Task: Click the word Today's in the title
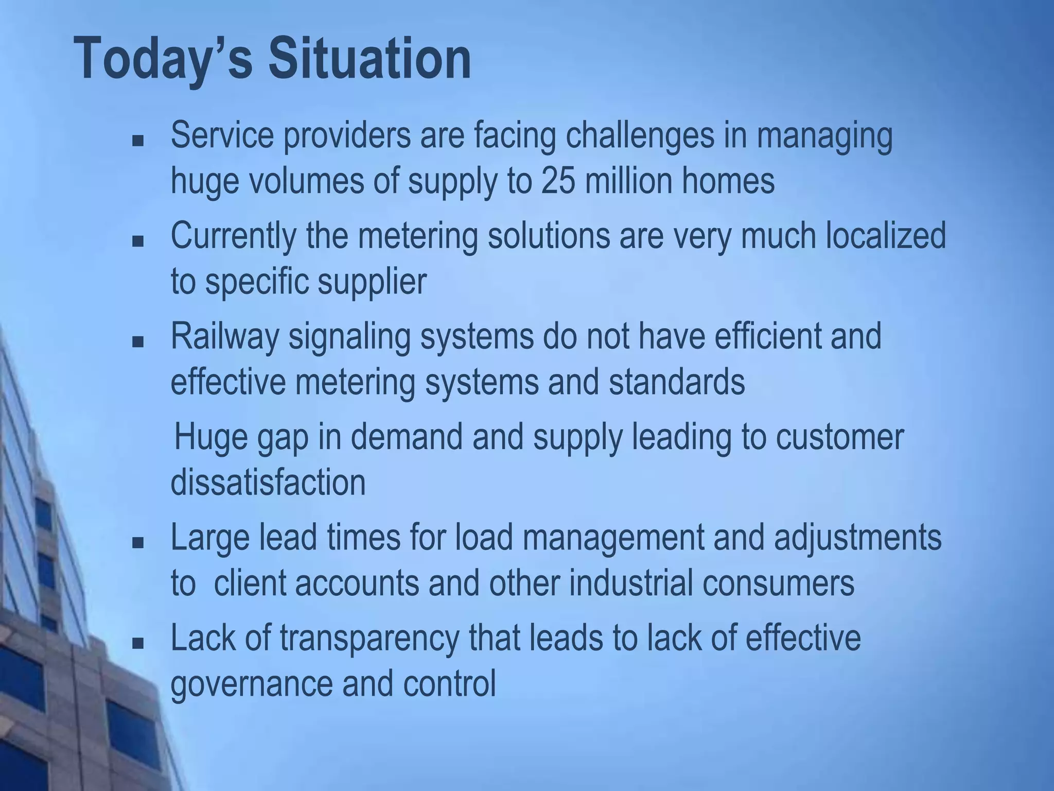point(164,59)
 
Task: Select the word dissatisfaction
point(268,483)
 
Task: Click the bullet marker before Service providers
point(137,141)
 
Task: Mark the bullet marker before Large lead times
point(137,543)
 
